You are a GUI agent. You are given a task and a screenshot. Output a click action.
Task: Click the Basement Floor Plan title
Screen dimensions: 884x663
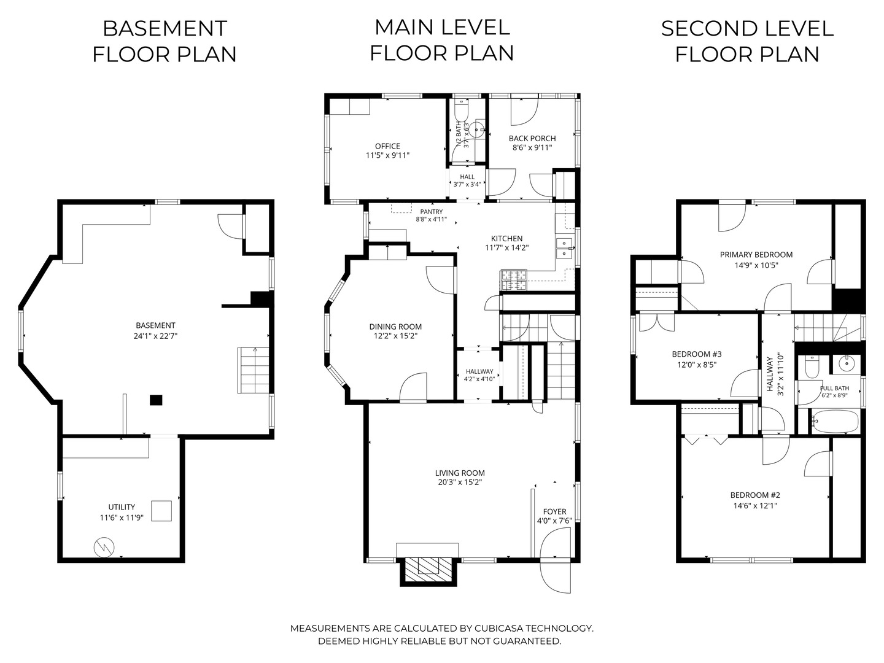coord(165,42)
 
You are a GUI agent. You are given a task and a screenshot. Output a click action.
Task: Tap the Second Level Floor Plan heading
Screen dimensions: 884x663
coord(747,42)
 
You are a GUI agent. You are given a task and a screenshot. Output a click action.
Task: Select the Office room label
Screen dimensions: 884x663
coord(387,146)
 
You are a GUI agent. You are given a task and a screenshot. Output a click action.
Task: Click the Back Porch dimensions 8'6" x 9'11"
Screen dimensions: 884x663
coord(532,148)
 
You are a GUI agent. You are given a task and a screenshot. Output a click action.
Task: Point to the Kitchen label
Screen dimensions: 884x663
coord(506,238)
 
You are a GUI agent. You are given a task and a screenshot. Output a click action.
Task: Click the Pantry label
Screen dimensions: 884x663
coord(432,212)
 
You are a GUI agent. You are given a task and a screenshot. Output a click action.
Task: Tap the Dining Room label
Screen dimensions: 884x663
coord(395,327)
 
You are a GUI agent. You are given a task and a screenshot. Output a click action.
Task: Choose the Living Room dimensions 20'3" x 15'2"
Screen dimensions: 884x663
coord(460,483)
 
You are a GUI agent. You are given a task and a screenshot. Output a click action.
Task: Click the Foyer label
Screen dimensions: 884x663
coord(554,511)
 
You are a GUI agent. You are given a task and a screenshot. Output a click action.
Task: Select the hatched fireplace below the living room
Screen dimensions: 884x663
coord(429,570)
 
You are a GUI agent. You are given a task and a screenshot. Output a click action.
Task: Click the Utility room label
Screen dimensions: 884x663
coord(122,507)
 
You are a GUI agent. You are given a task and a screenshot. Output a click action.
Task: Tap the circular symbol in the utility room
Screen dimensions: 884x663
coord(104,548)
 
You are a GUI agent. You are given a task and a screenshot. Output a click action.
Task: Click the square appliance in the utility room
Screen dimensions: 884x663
coord(161,511)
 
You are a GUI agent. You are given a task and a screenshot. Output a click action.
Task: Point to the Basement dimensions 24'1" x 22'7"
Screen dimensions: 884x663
coord(155,336)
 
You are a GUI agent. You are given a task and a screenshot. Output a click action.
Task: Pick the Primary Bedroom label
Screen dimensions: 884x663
coord(756,255)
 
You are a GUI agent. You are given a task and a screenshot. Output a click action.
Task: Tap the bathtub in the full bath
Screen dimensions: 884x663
coord(834,422)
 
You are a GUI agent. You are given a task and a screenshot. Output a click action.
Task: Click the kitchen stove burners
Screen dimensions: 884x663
coord(514,281)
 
